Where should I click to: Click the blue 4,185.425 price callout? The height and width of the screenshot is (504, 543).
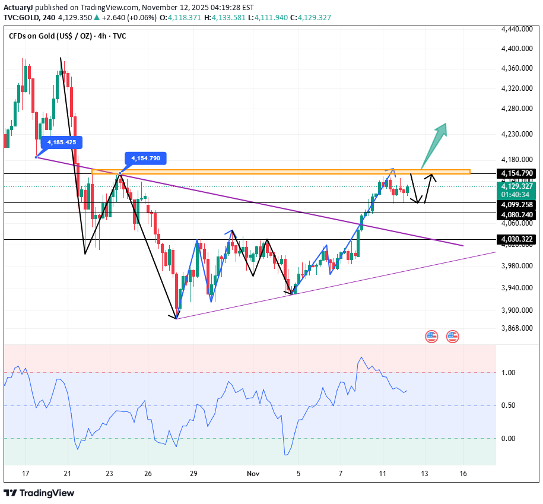pos(62,142)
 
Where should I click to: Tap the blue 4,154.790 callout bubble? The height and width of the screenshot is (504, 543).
pos(145,159)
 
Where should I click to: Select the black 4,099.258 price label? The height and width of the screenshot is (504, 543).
pos(517,204)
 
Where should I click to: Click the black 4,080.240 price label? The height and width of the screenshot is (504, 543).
pos(517,214)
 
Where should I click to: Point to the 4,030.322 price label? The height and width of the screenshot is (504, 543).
pos(517,239)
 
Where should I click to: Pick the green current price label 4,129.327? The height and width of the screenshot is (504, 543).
pos(517,186)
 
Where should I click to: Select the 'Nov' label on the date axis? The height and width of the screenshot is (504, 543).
pos(253,474)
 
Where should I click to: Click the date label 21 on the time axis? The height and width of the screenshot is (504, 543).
pos(68,474)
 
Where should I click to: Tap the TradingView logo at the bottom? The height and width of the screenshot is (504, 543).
pos(39,493)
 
